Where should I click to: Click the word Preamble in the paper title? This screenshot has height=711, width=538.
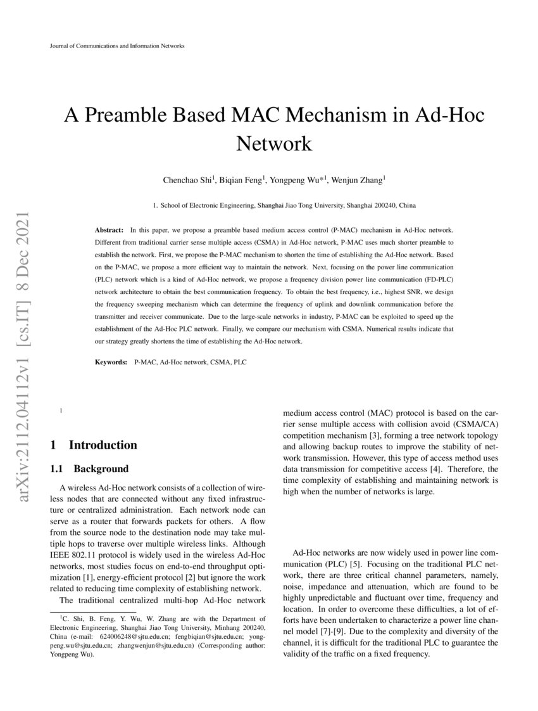coord(148,116)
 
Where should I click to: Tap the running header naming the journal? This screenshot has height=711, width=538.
coord(116,46)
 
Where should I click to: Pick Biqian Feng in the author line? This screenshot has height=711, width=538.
coord(242,181)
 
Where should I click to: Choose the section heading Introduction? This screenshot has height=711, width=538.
coord(103,445)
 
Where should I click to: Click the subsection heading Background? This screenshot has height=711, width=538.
coord(101,469)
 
